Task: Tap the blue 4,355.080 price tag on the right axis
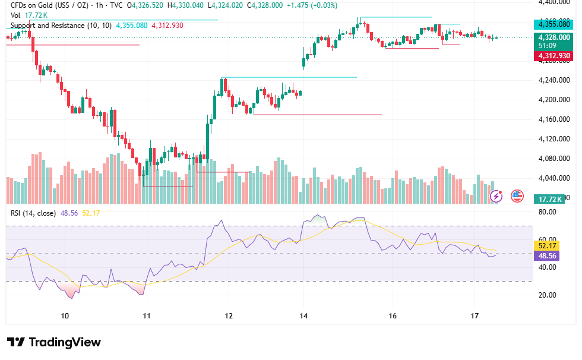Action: coord(553,24)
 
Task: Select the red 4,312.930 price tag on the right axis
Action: coord(553,56)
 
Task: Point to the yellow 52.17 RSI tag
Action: coord(547,246)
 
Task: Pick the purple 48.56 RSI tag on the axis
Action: coord(547,255)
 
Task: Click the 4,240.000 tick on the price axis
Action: coord(554,80)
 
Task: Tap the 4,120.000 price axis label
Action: coord(554,139)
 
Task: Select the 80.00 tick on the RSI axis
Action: coord(548,212)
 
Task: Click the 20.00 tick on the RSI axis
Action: coord(548,295)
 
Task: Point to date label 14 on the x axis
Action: coord(303,316)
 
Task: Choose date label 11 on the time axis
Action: coord(147,316)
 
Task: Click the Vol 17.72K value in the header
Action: coord(36,15)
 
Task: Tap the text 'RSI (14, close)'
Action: coord(33,213)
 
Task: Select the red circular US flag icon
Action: coord(517,196)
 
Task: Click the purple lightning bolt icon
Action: coord(496,196)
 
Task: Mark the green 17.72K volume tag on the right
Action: coord(550,199)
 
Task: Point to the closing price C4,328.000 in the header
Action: coord(265,5)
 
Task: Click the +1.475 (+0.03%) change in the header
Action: coord(312,5)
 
